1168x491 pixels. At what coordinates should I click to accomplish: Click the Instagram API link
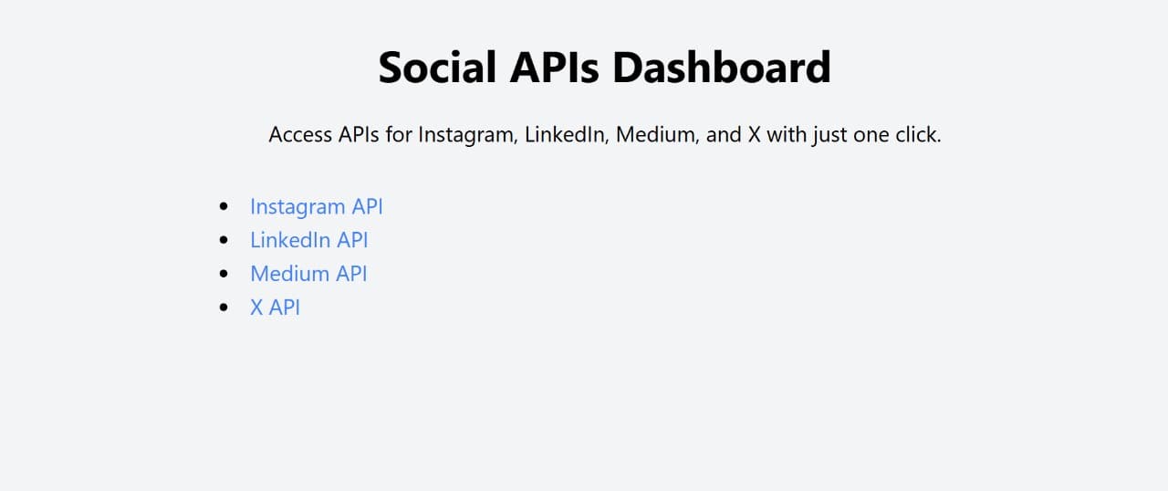[x=316, y=207]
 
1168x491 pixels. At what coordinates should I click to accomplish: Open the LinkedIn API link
[x=308, y=240]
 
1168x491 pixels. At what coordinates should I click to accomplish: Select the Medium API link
[x=308, y=274]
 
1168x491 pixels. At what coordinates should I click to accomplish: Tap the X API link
[x=275, y=308]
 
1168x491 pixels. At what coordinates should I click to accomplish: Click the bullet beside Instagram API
[x=224, y=206]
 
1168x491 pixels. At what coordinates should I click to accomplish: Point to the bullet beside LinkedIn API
[x=224, y=240]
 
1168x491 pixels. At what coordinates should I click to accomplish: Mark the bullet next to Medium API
[x=224, y=274]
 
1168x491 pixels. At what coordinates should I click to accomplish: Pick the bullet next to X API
[x=224, y=308]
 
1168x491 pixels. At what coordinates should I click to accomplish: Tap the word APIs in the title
[x=554, y=68]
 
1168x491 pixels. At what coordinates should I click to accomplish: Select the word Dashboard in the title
[x=721, y=68]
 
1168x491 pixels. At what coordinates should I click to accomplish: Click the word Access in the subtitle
[x=300, y=135]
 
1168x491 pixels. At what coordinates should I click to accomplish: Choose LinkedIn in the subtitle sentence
[x=566, y=135]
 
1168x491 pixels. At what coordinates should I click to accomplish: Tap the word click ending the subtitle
[x=916, y=135]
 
